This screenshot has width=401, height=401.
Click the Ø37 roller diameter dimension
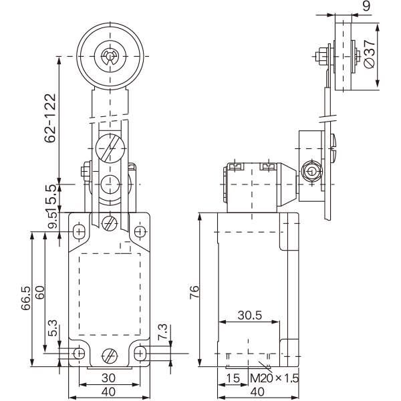coord(369,54)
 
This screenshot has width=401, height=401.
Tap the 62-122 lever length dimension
coord(50,118)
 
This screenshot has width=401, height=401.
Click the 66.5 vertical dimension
coord(25,298)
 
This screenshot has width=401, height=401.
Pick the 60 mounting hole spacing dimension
coord(40,293)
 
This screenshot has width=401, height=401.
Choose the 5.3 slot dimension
coord(53,328)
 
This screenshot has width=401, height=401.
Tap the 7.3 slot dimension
coord(162,332)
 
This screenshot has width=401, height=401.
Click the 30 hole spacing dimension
coord(108,378)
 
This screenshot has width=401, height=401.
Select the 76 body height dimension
coord(194,292)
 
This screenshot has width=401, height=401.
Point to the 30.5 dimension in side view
coord(250,315)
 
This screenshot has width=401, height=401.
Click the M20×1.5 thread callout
coord(275,378)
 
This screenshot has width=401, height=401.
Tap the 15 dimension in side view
coord(233,378)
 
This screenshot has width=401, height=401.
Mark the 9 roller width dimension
coord(366,5)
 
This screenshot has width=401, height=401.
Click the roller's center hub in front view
coord(110,56)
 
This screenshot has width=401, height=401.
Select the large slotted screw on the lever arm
coord(110,148)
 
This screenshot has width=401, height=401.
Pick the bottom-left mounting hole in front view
coord(79,354)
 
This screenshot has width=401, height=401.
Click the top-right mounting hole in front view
coord(140,232)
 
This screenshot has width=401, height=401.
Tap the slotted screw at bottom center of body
coord(110,356)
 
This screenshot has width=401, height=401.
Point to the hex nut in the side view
coord(311,171)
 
